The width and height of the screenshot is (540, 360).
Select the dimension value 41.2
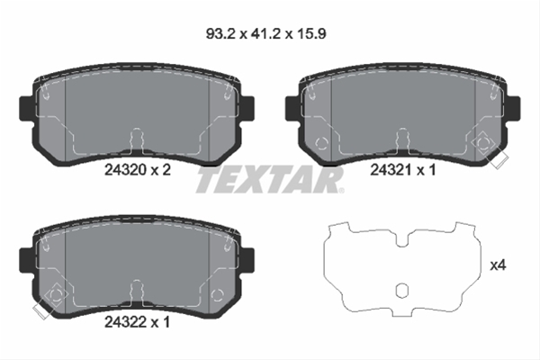[x=265, y=34]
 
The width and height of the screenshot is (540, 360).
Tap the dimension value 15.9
[x=311, y=34]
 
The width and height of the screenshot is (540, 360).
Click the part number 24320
[x=125, y=169]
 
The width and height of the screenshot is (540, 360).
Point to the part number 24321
[x=391, y=169]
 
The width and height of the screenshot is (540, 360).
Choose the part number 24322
[x=125, y=322]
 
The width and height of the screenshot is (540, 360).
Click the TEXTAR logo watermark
[x=270, y=179]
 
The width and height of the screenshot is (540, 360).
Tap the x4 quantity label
[x=498, y=265]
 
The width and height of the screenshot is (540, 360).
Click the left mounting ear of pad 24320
[x=26, y=109]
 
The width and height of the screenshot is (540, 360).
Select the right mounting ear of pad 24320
[x=247, y=109]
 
